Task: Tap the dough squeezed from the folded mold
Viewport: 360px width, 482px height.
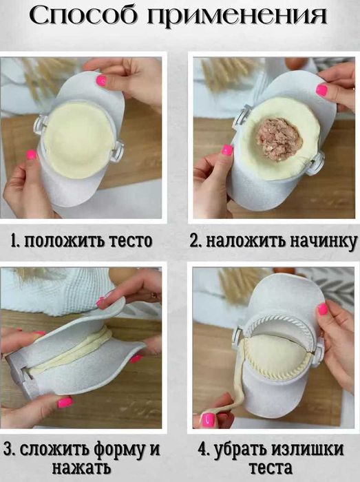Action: click(72, 354)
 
